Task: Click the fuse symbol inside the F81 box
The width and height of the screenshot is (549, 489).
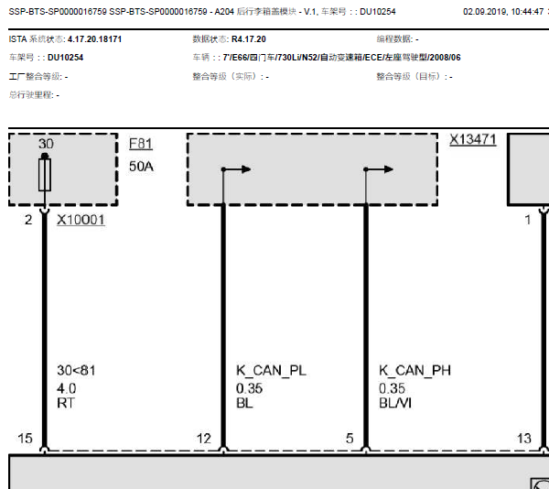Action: coord(45,174)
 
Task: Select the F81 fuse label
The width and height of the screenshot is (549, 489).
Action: coord(141,144)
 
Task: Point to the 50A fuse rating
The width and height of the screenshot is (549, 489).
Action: coord(141,167)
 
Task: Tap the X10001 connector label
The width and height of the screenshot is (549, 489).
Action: coord(81,220)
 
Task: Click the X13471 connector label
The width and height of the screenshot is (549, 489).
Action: coord(473,139)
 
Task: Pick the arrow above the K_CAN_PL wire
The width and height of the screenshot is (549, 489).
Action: coord(236,169)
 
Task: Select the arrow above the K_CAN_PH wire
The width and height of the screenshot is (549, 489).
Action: coord(379,169)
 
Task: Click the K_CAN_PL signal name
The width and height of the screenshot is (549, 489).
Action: coord(271,370)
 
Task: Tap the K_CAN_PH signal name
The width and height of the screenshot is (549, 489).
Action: coord(414,370)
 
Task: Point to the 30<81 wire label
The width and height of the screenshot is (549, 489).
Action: coord(76,370)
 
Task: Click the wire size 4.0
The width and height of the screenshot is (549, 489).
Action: coord(67,388)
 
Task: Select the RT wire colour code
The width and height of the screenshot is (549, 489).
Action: coord(66,403)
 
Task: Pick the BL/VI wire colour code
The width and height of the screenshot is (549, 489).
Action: coord(395,403)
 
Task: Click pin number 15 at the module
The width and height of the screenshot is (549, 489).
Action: coord(25,439)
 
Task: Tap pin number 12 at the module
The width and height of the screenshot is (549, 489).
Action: coord(204,439)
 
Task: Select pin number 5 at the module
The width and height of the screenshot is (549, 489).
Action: coord(350,439)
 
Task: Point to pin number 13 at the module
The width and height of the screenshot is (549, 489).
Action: coord(524,439)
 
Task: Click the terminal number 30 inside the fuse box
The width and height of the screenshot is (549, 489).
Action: coord(46,144)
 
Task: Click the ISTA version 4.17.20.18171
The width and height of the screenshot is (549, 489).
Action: coord(94,38)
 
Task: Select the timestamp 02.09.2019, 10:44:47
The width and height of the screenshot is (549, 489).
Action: coord(503,12)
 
